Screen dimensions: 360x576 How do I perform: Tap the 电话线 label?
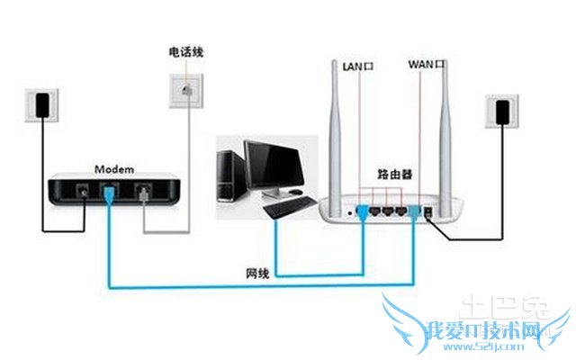click(186, 52)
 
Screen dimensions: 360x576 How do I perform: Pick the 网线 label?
click(256, 271)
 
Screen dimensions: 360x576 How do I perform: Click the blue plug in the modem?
click(109, 193)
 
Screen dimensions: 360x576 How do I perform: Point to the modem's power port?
click(83, 192)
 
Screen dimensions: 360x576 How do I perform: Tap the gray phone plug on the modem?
click(143, 193)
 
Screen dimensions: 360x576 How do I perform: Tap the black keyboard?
click(287, 209)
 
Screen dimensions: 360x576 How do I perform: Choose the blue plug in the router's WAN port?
click(415, 212)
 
